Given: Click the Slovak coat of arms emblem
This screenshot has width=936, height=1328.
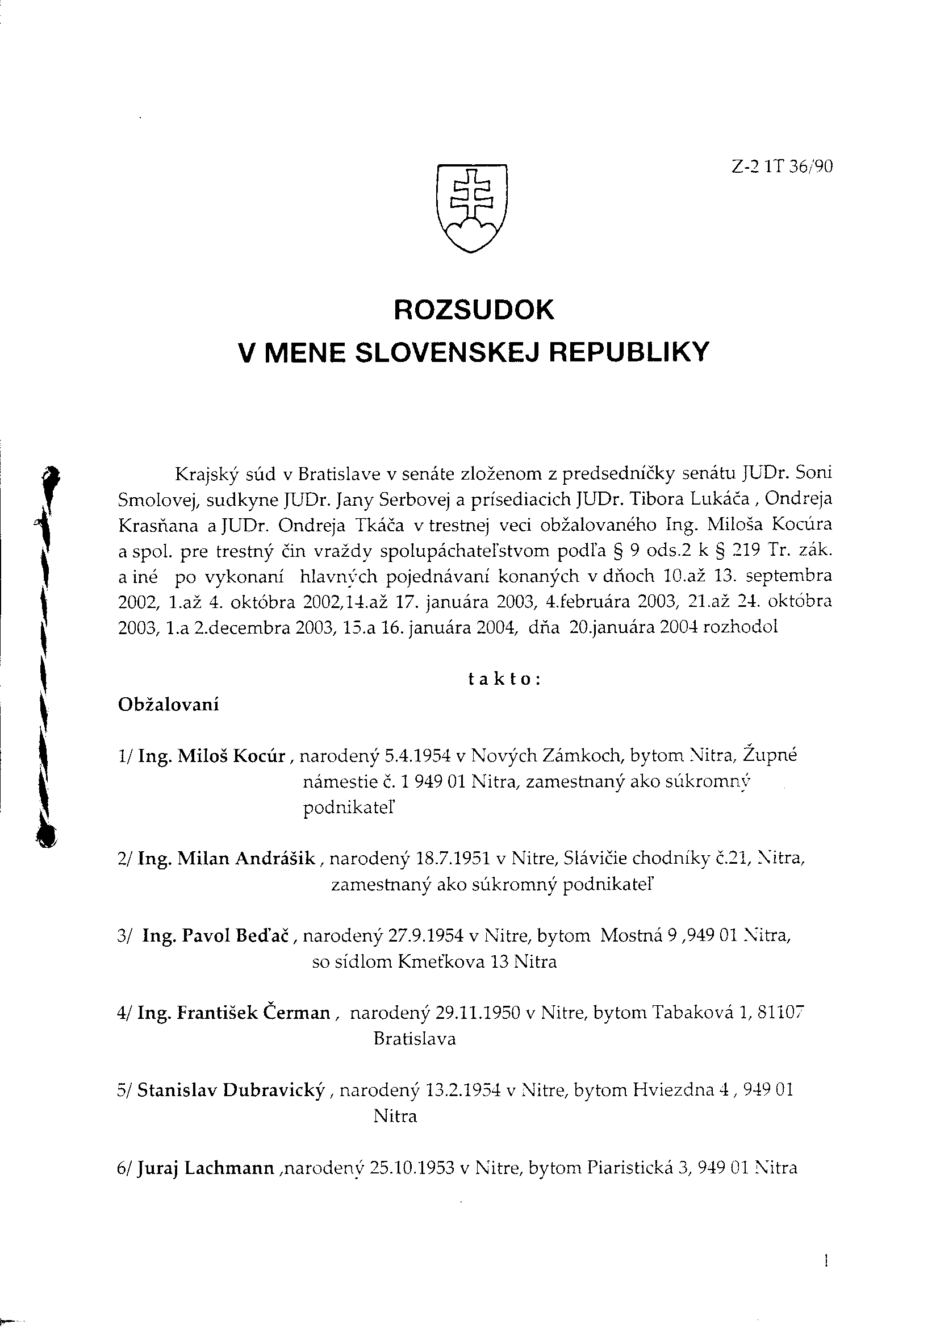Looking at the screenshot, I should (x=471, y=208).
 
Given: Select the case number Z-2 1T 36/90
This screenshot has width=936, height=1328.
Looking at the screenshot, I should (x=782, y=167).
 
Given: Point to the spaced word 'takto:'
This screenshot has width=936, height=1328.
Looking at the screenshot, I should (x=504, y=680).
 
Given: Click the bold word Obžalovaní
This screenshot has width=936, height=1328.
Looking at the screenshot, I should (x=168, y=705).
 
